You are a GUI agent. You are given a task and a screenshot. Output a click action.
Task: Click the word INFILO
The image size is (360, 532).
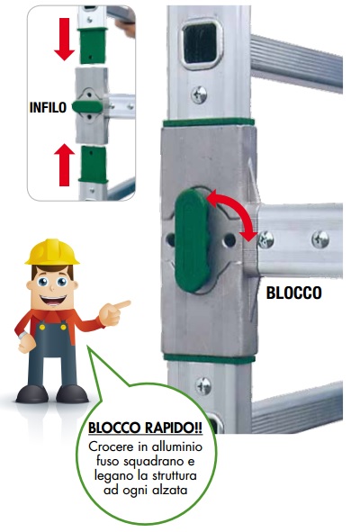[48, 107]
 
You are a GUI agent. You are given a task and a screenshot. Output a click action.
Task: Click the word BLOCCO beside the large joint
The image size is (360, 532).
[293, 293]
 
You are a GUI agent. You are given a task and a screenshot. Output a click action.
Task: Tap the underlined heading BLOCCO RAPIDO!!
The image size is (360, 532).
[145, 428]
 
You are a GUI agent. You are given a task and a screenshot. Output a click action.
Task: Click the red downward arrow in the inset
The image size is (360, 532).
[64, 39]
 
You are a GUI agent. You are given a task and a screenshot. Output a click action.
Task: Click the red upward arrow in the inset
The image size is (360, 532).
[64, 165]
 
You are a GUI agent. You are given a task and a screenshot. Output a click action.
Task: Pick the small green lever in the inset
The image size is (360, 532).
[87, 106]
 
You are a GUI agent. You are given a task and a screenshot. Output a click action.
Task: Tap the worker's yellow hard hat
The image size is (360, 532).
[52, 251]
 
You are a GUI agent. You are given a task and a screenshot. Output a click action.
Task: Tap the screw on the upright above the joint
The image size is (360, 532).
[200, 95]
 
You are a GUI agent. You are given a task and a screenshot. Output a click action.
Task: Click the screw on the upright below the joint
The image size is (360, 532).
[204, 386]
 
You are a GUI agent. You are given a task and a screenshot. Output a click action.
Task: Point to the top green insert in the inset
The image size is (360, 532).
[93, 46]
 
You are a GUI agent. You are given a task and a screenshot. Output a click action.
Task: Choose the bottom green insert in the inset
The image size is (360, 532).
[94, 164]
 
